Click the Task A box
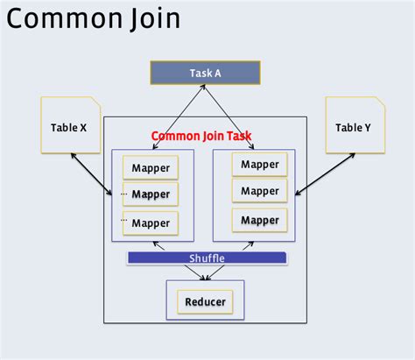tap(205, 73)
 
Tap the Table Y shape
tap(353, 128)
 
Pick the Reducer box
tap(206, 302)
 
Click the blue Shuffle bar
tap(207, 258)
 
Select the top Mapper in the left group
tap(151, 167)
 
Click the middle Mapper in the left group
tap(151, 194)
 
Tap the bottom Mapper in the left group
tap(151, 222)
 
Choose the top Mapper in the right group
tap(260, 164)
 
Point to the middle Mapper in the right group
tap(260, 191)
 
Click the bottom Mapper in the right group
tap(260, 219)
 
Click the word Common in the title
tap(67, 18)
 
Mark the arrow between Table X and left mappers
tap(90, 174)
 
